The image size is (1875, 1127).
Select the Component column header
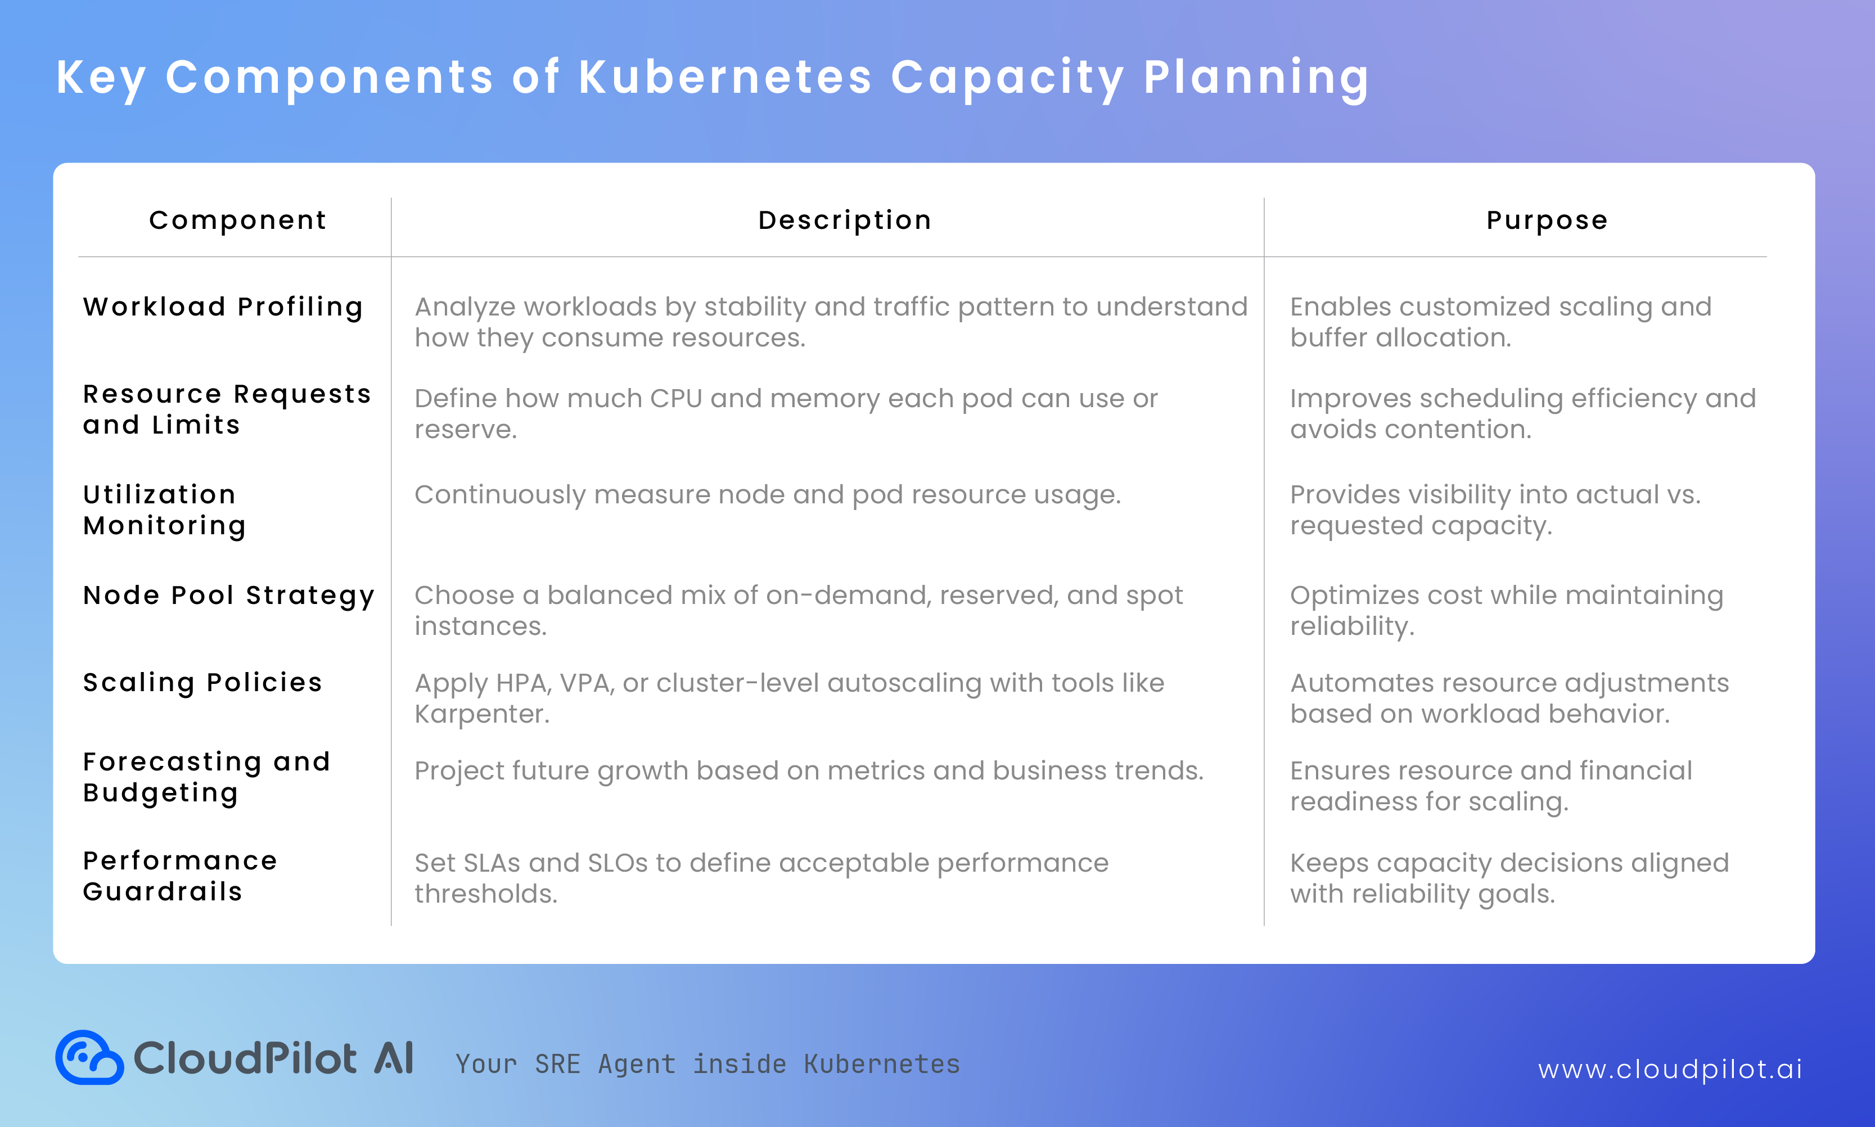click(x=238, y=220)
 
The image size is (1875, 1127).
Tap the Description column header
click(x=845, y=220)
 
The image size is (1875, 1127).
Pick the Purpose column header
click(x=1547, y=220)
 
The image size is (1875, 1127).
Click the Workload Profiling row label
click(x=223, y=307)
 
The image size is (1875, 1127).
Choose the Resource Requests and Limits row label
click(x=226, y=409)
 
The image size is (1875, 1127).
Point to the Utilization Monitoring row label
click(x=164, y=510)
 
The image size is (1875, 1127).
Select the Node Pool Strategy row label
click(x=228, y=596)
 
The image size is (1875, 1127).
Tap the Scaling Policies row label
click(x=202, y=683)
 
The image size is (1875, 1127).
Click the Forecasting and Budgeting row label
click(x=206, y=777)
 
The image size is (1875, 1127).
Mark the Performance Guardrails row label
click(x=180, y=876)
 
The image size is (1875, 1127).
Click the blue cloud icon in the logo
click(x=89, y=1057)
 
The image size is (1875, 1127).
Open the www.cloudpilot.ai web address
click(x=1669, y=1069)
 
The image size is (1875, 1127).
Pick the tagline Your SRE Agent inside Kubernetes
click(x=707, y=1065)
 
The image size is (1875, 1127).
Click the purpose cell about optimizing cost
click(x=1506, y=611)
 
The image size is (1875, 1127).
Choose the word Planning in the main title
click(x=1255, y=78)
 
